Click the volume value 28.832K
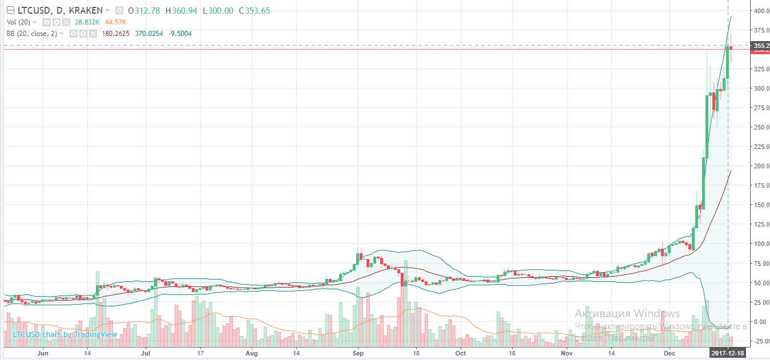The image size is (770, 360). (87, 22)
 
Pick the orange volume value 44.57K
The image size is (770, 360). (116, 22)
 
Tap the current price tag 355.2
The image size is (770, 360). (761, 45)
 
